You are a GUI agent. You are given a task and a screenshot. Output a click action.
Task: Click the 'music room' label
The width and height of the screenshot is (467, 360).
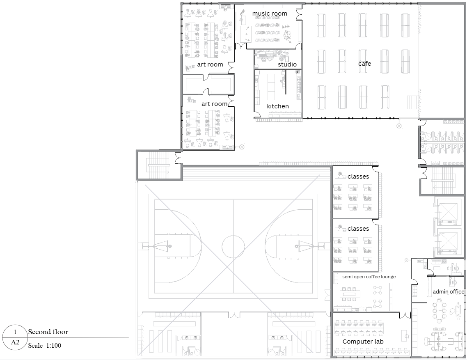pos(270,14)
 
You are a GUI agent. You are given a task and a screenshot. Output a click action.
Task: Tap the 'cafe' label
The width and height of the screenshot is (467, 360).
pos(364,63)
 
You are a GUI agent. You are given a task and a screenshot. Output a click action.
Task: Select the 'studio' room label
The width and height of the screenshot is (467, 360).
pos(287,64)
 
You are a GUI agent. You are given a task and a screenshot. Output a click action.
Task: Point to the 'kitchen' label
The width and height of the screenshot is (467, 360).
pos(278,106)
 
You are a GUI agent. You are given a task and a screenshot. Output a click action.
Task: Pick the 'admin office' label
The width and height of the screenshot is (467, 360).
pos(449,291)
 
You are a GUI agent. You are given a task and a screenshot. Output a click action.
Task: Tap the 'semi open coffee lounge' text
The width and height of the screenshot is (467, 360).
pos(369,277)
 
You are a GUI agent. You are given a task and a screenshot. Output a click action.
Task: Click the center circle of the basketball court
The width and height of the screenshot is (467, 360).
pos(233,246)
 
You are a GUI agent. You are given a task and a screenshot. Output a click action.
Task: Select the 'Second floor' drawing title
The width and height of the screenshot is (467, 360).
pos(48,332)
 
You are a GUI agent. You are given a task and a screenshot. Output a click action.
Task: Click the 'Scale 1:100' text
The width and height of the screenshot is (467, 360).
pos(45,345)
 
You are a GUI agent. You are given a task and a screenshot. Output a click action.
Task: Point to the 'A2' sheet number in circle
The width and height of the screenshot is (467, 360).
pos(15,342)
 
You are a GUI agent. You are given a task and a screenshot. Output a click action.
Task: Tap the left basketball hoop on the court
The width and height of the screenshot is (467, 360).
pos(169,246)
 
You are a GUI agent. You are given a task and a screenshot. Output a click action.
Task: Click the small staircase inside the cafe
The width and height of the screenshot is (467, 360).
pos(413,101)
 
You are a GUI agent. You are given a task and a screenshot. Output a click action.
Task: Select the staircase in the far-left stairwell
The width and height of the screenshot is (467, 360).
pos(159,165)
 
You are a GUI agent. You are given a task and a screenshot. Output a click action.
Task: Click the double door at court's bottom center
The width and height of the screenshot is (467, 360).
pos(234,315)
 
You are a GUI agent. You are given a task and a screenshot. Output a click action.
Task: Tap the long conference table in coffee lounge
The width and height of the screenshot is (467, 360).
pos(350,294)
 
